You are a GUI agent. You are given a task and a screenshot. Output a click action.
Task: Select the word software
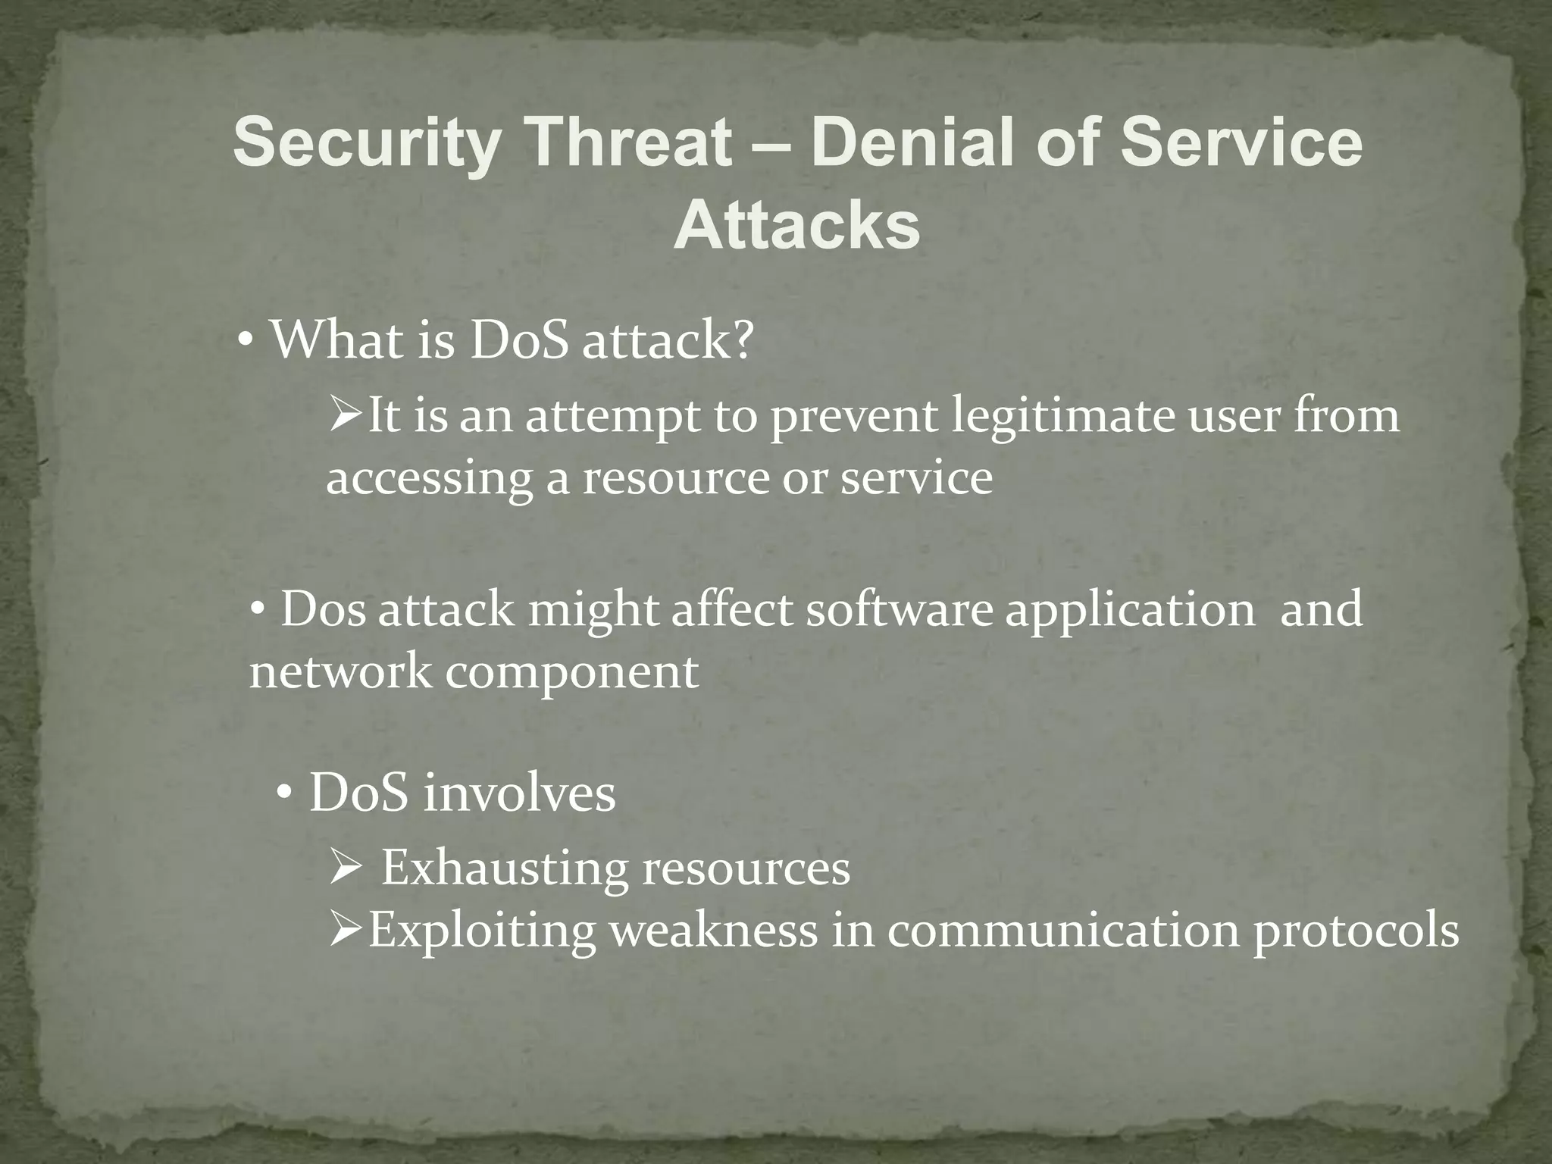coord(899,610)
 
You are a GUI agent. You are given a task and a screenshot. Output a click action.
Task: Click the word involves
coord(519,794)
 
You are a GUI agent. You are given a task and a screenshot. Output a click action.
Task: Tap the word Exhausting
coord(504,868)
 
